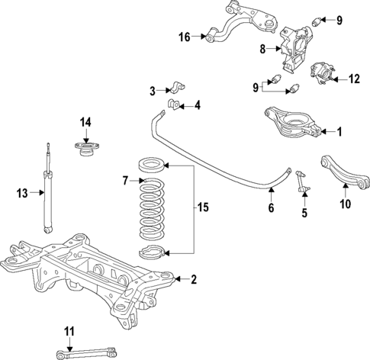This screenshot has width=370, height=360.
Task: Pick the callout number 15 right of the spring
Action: (x=202, y=207)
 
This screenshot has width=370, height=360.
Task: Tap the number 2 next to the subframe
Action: (x=194, y=280)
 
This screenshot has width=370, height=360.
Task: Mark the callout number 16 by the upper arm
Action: (x=184, y=36)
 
